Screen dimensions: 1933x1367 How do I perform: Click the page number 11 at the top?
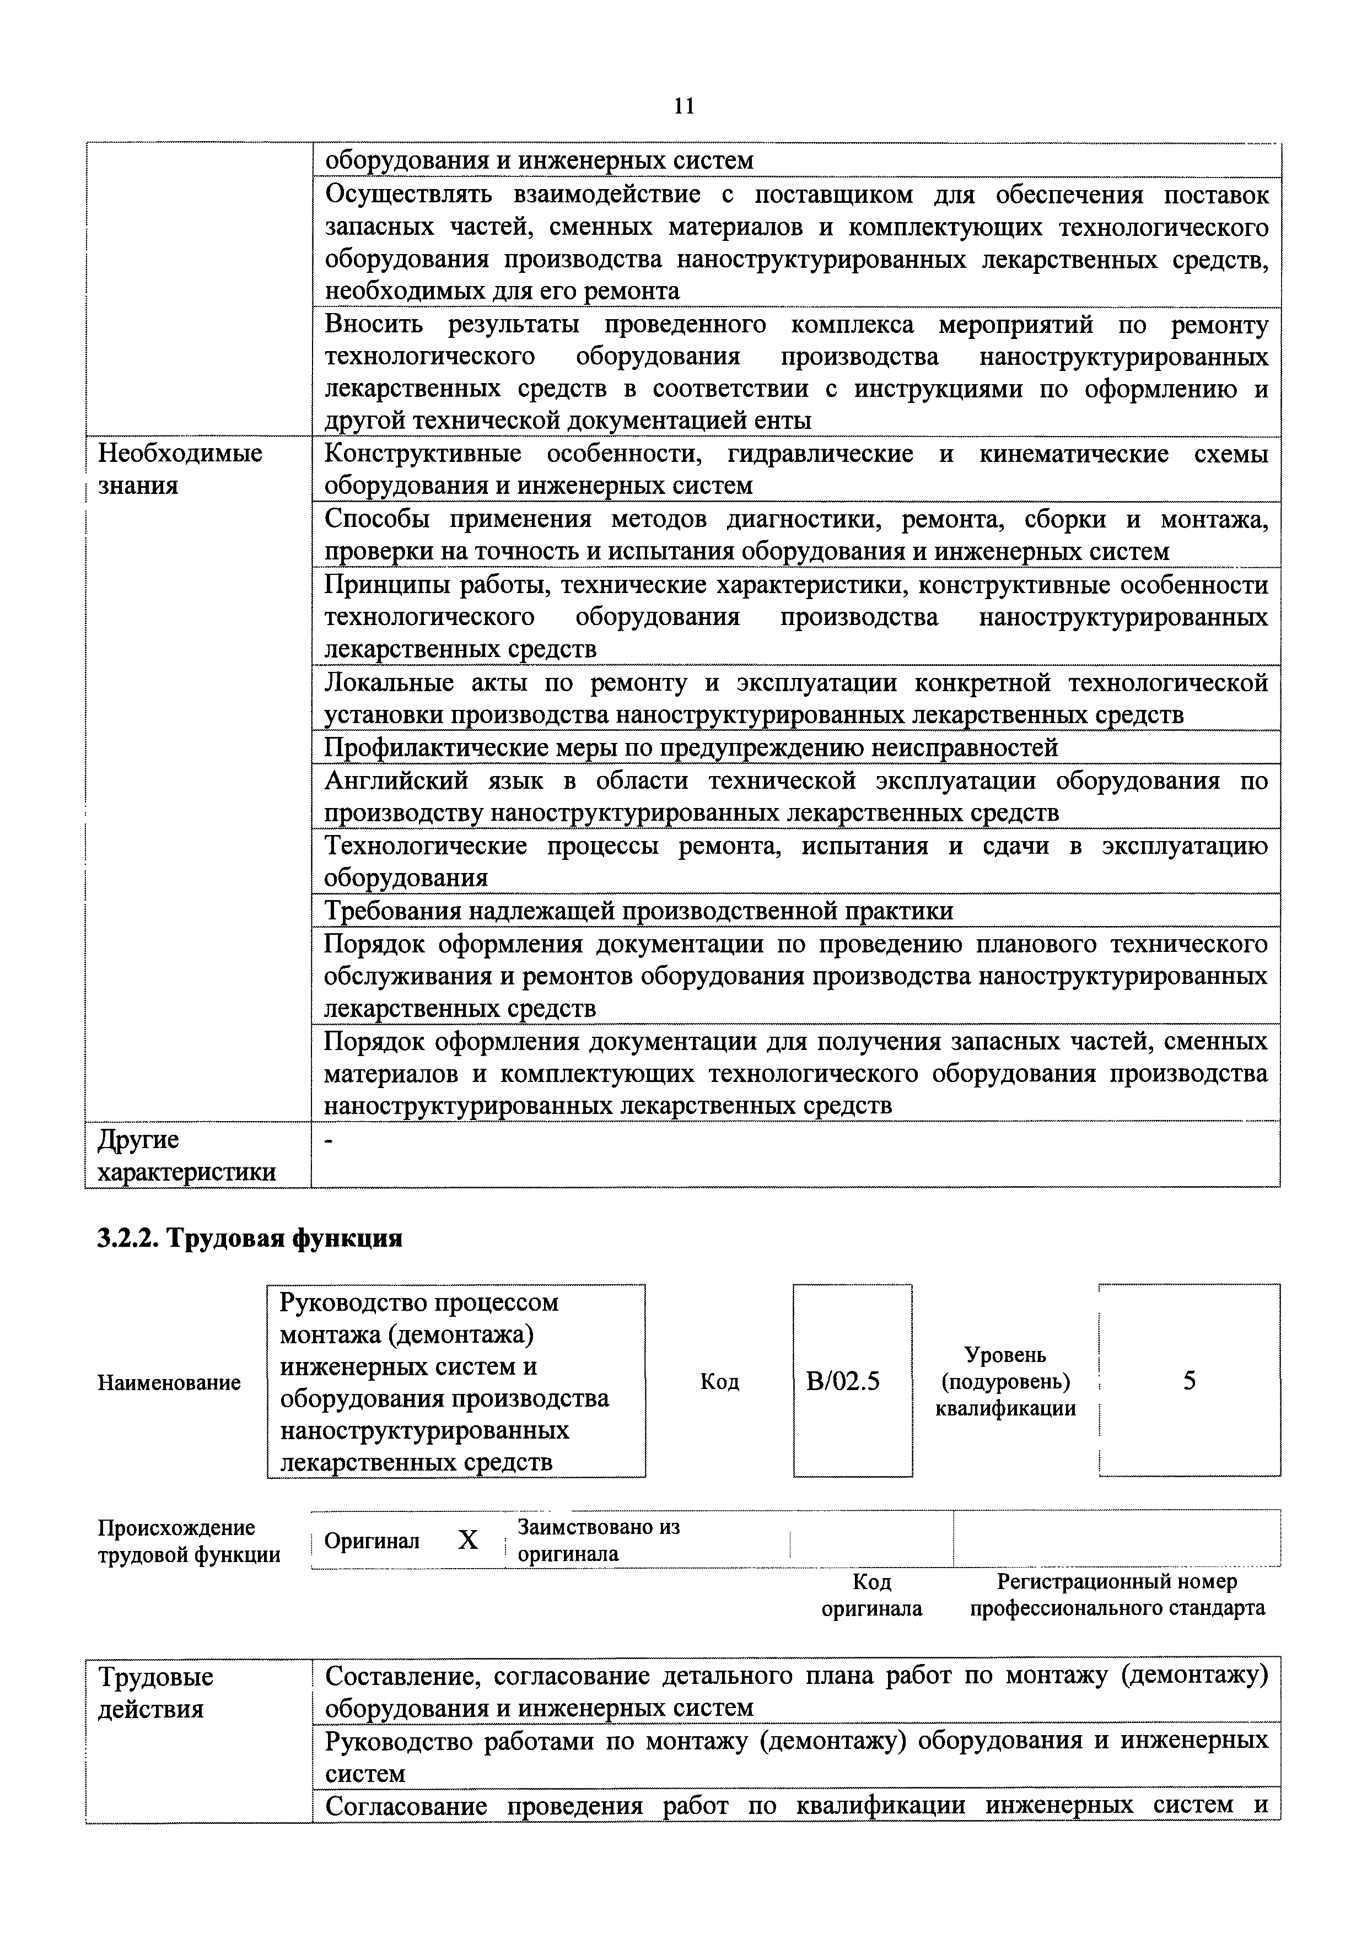click(684, 106)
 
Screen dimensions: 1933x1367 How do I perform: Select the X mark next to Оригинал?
click(467, 1541)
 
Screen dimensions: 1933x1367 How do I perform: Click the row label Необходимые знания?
click(180, 469)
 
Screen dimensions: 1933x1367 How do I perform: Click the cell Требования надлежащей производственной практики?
click(639, 911)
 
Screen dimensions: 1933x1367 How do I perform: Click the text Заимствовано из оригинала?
click(599, 1540)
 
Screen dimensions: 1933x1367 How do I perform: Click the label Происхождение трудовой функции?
click(189, 1541)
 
